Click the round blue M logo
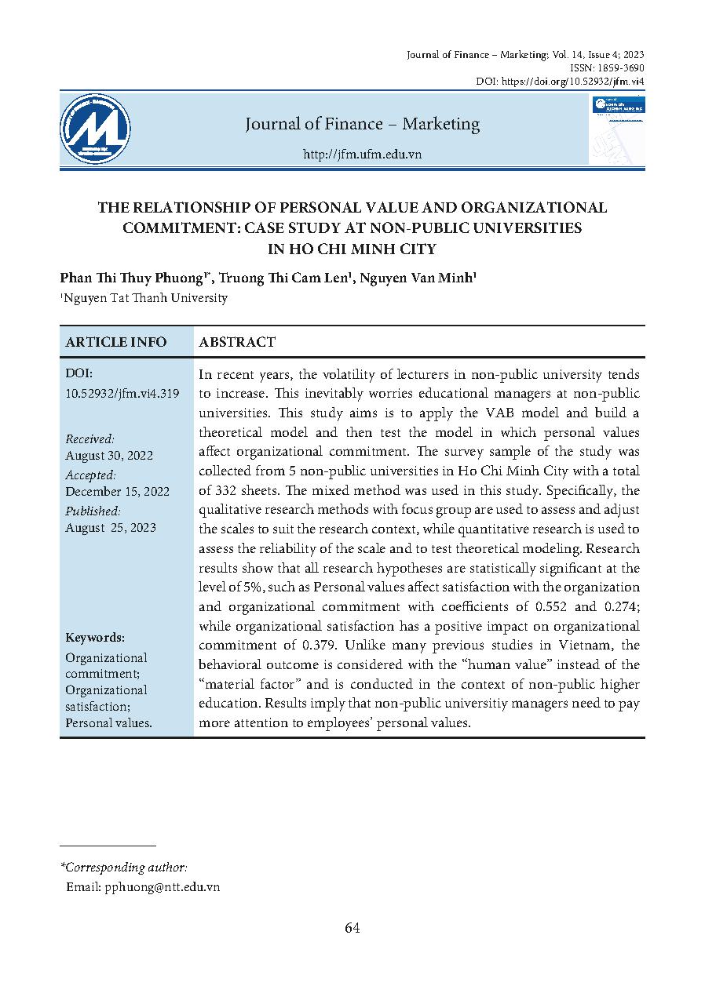coord(95,129)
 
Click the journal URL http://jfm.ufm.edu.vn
coord(362,155)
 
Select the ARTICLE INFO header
coord(116,342)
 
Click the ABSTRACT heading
coord(237,342)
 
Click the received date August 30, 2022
coord(109,456)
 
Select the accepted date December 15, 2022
coord(117,492)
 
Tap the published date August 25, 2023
coord(111,528)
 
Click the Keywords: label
coord(95,638)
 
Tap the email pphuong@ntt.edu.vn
coord(162,886)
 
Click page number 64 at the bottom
coord(352,929)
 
